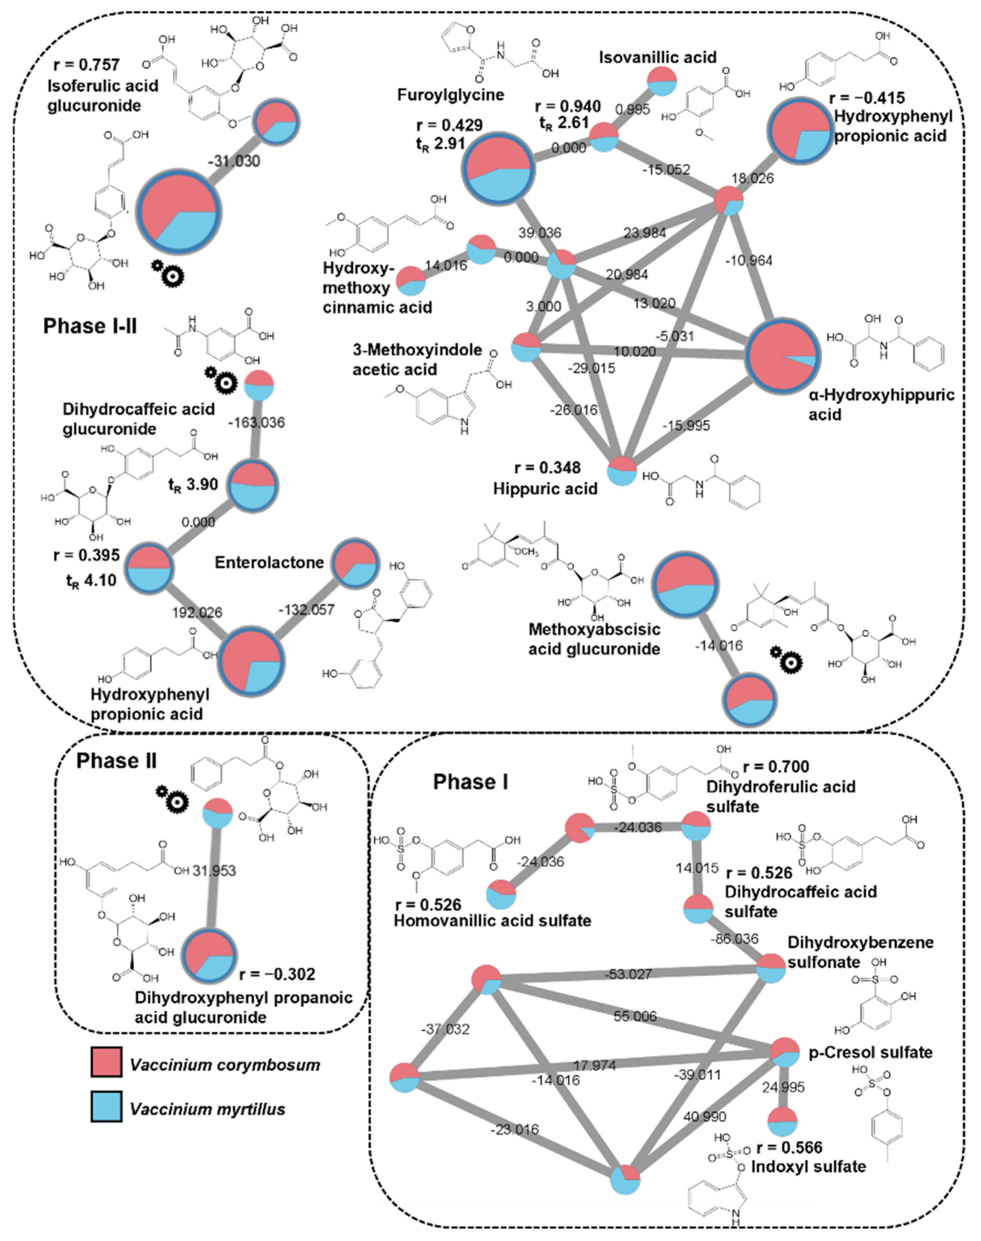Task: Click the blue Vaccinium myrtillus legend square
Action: [106, 1107]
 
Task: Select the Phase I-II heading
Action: [90, 326]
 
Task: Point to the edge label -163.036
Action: [256, 422]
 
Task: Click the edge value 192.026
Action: [197, 613]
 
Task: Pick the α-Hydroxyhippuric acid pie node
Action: [783, 356]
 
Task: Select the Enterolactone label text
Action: [269, 562]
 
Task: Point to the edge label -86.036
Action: [734, 939]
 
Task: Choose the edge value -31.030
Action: [233, 161]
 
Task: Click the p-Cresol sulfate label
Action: [870, 1053]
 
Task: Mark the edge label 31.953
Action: [214, 871]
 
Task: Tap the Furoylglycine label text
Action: [450, 95]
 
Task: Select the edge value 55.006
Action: [635, 1016]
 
